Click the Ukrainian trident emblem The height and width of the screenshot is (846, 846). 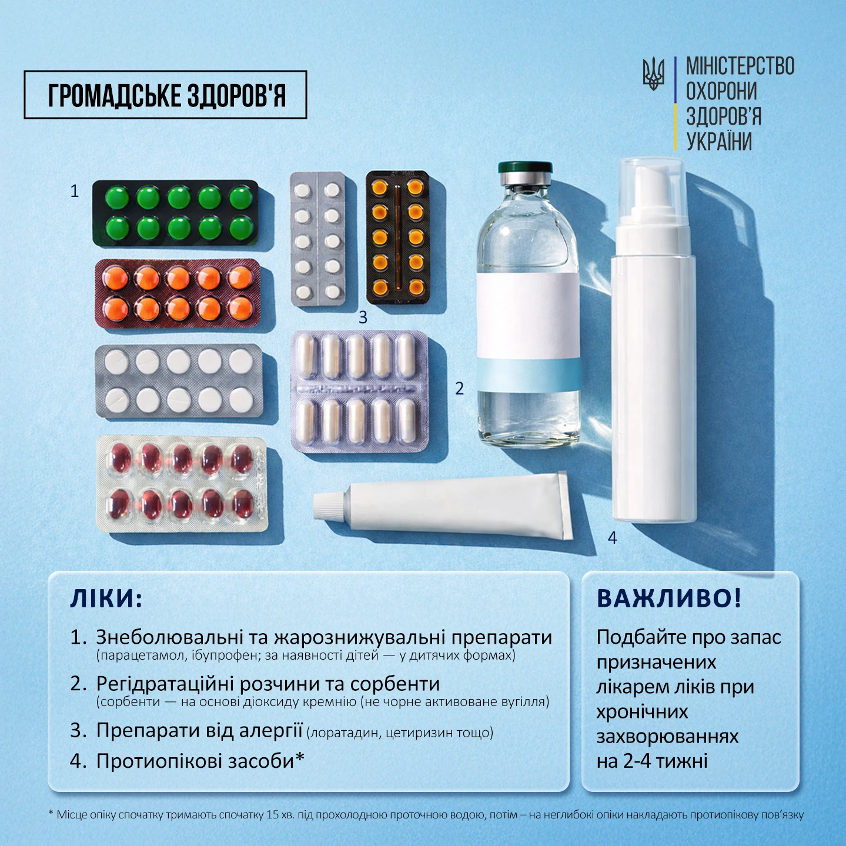(653, 74)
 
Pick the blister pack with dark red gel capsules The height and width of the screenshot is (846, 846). (182, 483)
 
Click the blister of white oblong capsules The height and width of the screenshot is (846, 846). (359, 392)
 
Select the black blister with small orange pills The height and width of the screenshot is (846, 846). (398, 237)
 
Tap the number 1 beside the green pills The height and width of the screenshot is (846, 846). (75, 191)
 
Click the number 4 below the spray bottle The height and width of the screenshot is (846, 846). (613, 538)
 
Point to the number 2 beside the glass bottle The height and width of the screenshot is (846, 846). (459, 389)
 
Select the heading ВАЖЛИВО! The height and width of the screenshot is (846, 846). (669, 598)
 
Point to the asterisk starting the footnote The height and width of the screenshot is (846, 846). (51, 813)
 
